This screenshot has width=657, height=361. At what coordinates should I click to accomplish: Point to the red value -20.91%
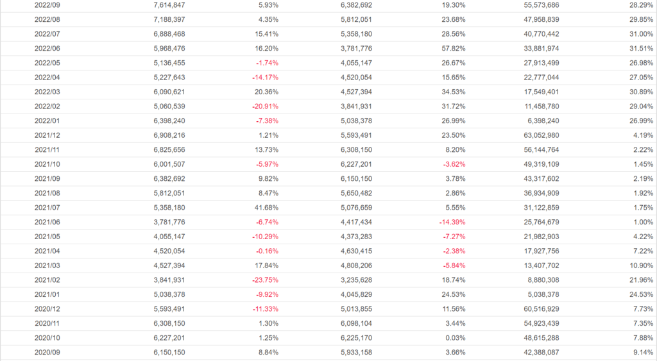point(265,106)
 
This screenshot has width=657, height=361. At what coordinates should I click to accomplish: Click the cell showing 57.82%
point(452,48)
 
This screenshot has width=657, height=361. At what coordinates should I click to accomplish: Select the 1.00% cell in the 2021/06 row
point(641,222)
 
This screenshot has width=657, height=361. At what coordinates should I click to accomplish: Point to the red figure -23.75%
point(265,280)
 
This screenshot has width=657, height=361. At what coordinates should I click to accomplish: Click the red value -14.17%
point(265,78)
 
